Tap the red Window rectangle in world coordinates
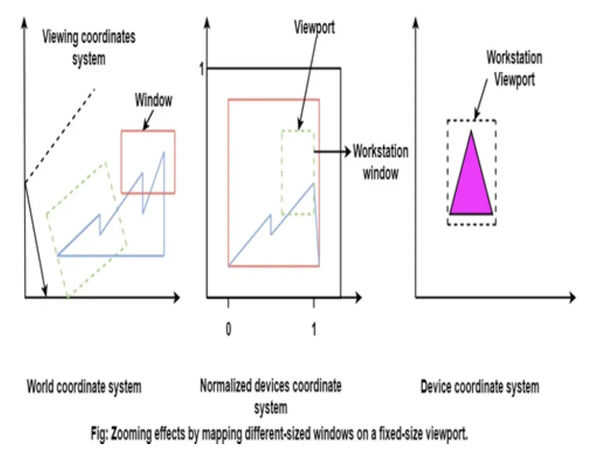click(148, 132)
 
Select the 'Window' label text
click(153, 100)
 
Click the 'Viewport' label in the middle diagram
click(314, 28)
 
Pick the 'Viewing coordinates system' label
click(89, 48)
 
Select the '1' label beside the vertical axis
click(202, 70)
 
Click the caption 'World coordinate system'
click(84, 387)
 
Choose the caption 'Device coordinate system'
click(479, 387)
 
